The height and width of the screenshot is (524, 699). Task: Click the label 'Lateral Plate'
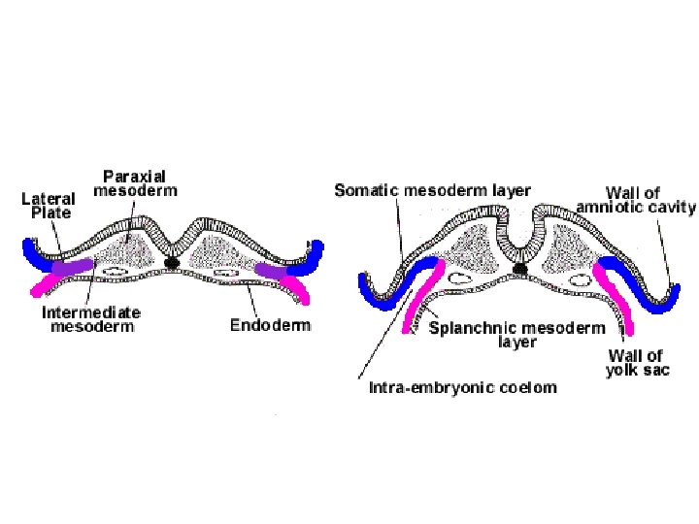click(49, 206)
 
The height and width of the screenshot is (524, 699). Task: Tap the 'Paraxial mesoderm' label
click(135, 183)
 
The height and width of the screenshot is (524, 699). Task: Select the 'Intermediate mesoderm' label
click(91, 319)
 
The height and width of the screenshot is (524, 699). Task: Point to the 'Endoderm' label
click(270, 325)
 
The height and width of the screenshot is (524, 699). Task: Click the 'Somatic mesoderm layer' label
click(432, 190)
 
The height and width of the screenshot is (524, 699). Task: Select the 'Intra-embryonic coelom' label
click(463, 387)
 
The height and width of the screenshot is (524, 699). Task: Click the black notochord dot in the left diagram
click(173, 262)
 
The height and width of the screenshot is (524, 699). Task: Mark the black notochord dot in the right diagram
click(521, 268)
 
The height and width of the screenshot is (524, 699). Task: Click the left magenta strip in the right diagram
click(415, 301)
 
